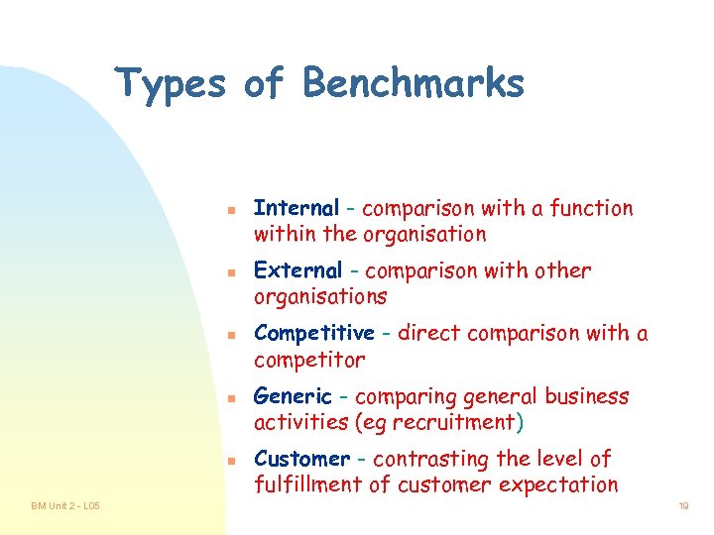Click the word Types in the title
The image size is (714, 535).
[171, 83]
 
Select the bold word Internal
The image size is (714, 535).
[296, 208]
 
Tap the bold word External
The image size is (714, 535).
[297, 270]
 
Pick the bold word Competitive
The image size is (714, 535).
[313, 334]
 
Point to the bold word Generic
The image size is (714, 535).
[293, 396]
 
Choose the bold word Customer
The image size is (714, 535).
[301, 459]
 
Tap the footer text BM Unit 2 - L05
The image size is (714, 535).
[65, 506]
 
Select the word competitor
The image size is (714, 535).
[309, 360]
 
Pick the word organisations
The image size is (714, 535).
[320, 297]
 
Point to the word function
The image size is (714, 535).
[592, 208]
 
